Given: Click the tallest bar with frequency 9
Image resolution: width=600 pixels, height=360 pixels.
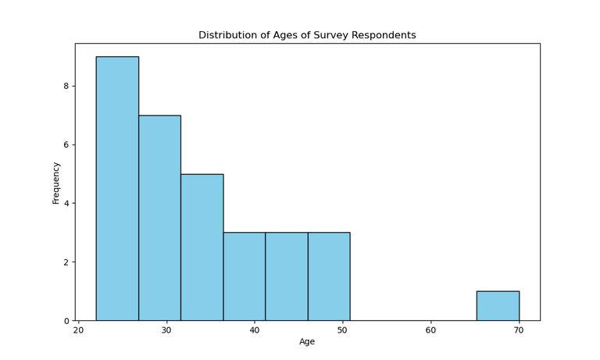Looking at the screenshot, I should point(117,188).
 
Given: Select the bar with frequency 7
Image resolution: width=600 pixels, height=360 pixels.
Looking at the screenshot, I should point(159,218).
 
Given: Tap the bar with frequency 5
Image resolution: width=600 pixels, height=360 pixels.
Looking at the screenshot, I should point(202,247).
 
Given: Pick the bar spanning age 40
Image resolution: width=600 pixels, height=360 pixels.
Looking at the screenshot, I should point(244,276).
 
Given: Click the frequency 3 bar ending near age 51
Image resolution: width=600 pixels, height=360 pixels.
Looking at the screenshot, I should point(329,276).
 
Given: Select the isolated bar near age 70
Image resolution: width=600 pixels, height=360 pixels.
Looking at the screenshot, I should point(498,306).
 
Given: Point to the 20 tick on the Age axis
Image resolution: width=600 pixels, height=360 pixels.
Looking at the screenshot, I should point(78,330).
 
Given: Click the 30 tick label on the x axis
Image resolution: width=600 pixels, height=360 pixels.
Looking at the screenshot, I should point(166,330).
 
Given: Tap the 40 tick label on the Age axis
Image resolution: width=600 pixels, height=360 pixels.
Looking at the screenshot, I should point(255,330).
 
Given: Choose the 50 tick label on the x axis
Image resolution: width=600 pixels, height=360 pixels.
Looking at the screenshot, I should point(343,330).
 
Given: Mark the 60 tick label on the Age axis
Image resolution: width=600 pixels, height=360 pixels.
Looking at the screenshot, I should point(430,330).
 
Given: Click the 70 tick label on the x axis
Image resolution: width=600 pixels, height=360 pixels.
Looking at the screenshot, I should point(519,330).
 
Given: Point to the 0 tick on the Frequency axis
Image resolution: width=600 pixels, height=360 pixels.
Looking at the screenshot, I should point(66,321).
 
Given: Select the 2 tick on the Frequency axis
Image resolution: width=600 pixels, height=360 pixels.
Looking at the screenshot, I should point(66,262).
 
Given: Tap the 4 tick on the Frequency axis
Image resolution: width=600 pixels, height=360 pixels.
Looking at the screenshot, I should point(66,204).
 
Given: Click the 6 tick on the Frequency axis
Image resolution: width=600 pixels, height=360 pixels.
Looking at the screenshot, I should point(66,145).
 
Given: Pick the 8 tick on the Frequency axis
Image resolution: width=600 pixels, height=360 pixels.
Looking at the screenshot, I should point(66,86).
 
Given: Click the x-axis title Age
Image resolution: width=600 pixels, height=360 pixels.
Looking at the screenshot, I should point(307,342).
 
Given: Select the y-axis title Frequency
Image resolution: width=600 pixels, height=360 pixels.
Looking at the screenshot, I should point(56,183).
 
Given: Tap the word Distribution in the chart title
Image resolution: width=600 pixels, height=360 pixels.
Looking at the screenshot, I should point(227,35).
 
